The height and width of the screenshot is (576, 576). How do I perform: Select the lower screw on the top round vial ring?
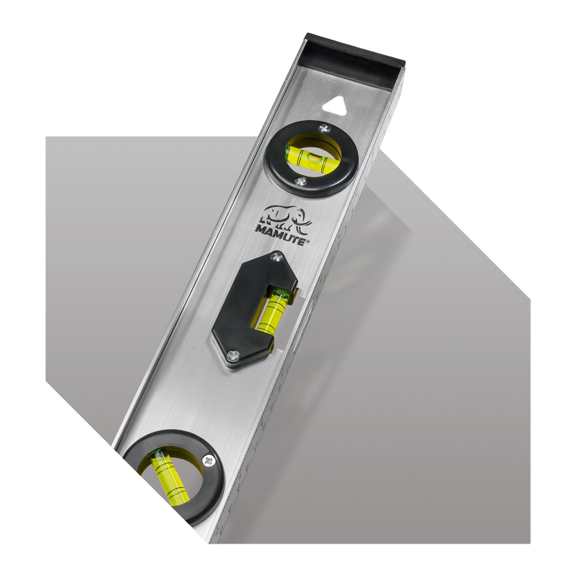coord(301,181)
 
